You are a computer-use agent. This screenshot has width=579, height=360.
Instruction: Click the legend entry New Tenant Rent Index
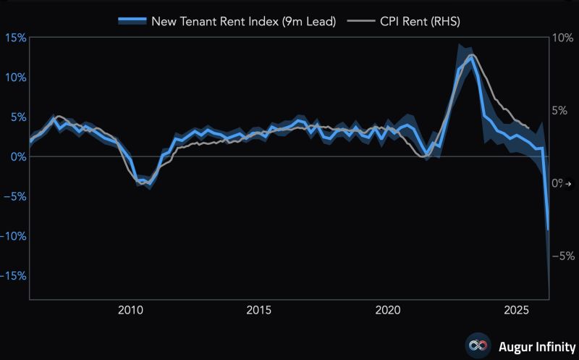click(x=243, y=21)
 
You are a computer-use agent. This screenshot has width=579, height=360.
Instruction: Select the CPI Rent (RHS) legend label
click(x=420, y=21)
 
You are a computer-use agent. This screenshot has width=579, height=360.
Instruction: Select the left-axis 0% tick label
click(x=17, y=156)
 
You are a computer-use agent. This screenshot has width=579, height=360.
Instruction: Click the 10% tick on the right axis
click(x=562, y=38)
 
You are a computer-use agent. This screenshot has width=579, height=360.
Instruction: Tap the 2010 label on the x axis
click(x=130, y=311)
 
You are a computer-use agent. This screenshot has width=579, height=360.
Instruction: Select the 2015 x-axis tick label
click(x=258, y=311)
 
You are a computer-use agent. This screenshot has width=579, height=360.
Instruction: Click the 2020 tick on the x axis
click(x=388, y=311)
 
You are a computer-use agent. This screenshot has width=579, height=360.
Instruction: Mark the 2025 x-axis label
click(x=517, y=311)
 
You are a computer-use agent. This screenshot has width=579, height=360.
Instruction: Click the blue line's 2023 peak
click(x=471, y=57)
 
